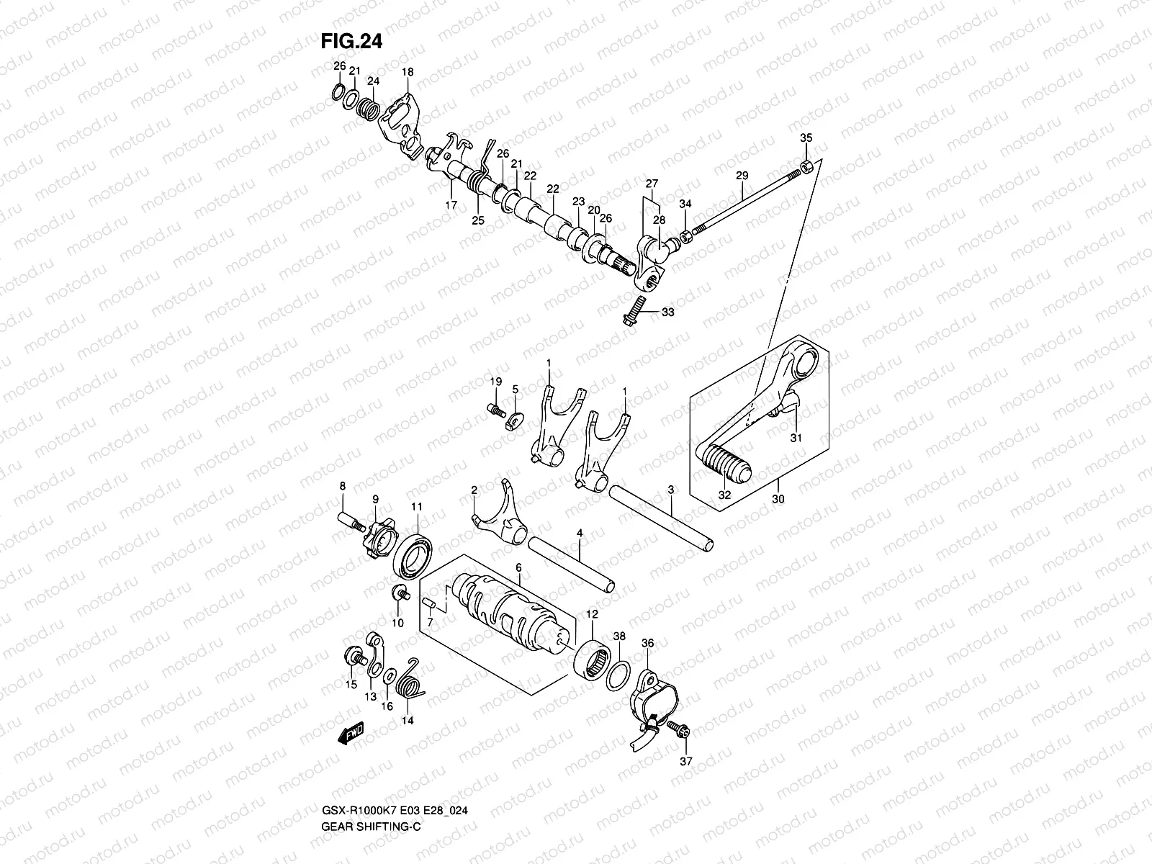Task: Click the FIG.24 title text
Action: coord(351,42)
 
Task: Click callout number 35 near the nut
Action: coord(806,138)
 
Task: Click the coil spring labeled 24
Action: coord(369,109)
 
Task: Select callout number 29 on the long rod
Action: coord(742,175)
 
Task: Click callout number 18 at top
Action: coord(408,72)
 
